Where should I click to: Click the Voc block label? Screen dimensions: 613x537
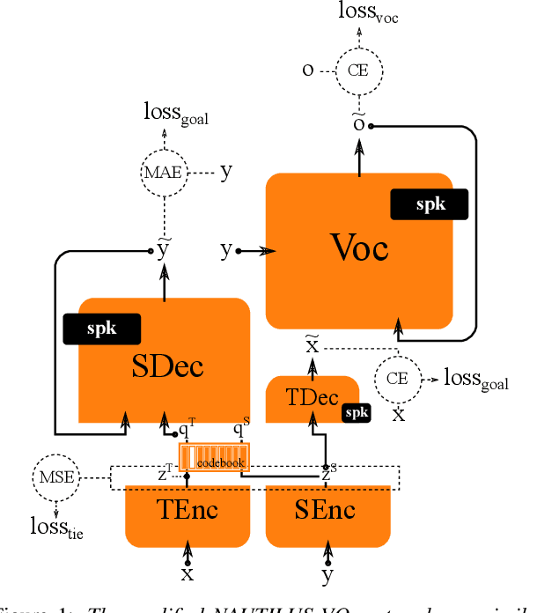[x=358, y=248]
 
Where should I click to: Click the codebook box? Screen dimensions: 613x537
[x=215, y=457]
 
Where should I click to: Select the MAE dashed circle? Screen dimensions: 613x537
[x=164, y=173]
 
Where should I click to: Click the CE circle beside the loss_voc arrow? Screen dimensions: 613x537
[x=358, y=70]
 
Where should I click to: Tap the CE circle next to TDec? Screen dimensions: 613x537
[x=398, y=379]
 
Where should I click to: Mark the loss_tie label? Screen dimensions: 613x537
[x=57, y=528]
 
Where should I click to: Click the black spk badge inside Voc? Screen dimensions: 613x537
[x=430, y=204]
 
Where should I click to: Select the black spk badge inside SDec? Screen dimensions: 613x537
[x=102, y=329]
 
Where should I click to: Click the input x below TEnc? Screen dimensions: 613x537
[x=187, y=575]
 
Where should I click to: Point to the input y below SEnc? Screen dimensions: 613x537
[x=327, y=577]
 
